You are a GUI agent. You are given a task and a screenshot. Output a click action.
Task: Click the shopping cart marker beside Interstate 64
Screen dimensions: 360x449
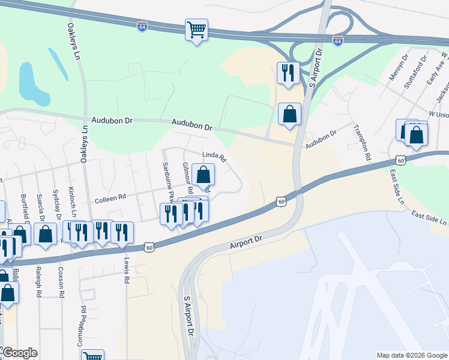[196, 29]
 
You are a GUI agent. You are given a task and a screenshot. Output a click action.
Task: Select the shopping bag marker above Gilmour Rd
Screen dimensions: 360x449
[203, 175]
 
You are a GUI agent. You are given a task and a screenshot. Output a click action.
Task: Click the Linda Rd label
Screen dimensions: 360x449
[214, 157]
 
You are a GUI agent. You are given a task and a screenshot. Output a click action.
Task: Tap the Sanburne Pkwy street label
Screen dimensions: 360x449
[168, 182]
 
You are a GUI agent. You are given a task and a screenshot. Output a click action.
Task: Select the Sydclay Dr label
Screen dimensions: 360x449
[56, 205]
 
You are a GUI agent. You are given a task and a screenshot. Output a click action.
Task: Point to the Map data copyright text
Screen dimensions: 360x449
[411, 355]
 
